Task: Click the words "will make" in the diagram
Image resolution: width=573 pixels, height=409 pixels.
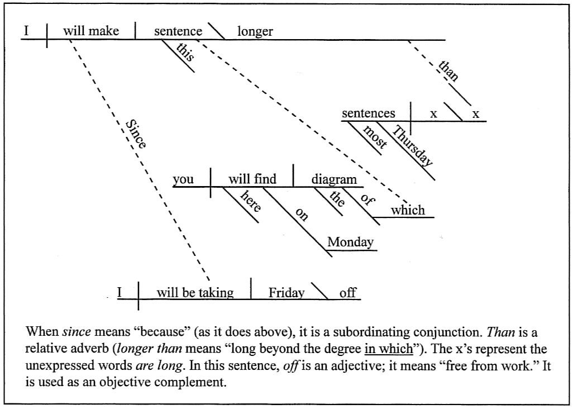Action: pyautogui.click(x=90, y=31)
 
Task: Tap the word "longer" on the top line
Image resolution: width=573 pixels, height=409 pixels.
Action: pyautogui.click(x=255, y=31)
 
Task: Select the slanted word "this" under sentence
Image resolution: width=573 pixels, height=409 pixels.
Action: pyautogui.click(x=185, y=55)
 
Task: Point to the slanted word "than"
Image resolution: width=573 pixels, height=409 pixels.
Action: pyautogui.click(x=448, y=72)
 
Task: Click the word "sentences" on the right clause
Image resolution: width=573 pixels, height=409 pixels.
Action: pyautogui.click(x=368, y=113)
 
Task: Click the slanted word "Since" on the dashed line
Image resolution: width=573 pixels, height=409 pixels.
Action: pyautogui.click(x=136, y=134)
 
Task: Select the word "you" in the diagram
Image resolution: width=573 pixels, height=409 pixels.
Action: pyautogui.click(x=183, y=179)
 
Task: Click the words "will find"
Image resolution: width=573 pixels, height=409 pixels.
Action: pyautogui.click(x=252, y=179)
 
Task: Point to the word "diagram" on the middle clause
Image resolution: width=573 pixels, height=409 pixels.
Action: pyautogui.click(x=333, y=179)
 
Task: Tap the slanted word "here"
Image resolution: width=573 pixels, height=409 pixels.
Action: pyautogui.click(x=250, y=201)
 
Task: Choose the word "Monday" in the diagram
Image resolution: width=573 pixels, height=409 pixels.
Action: pyautogui.click(x=350, y=242)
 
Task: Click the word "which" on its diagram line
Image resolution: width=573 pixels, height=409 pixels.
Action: pyautogui.click(x=408, y=211)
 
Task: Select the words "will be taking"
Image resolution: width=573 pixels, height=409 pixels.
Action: pyautogui.click(x=194, y=293)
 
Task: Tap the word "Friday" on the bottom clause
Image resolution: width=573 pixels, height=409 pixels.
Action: pyautogui.click(x=286, y=293)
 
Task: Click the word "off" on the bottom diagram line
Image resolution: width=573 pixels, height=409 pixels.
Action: pyautogui.click(x=347, y=293)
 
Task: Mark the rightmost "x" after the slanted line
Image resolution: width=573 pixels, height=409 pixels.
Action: pyautogui.click(x=475, y=114)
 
